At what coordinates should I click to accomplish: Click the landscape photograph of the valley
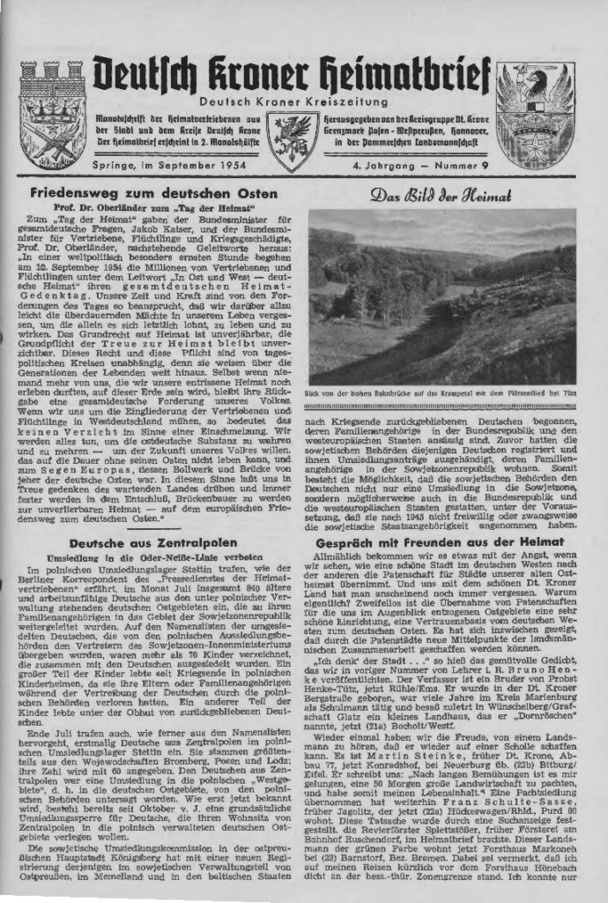click(441, 296)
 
